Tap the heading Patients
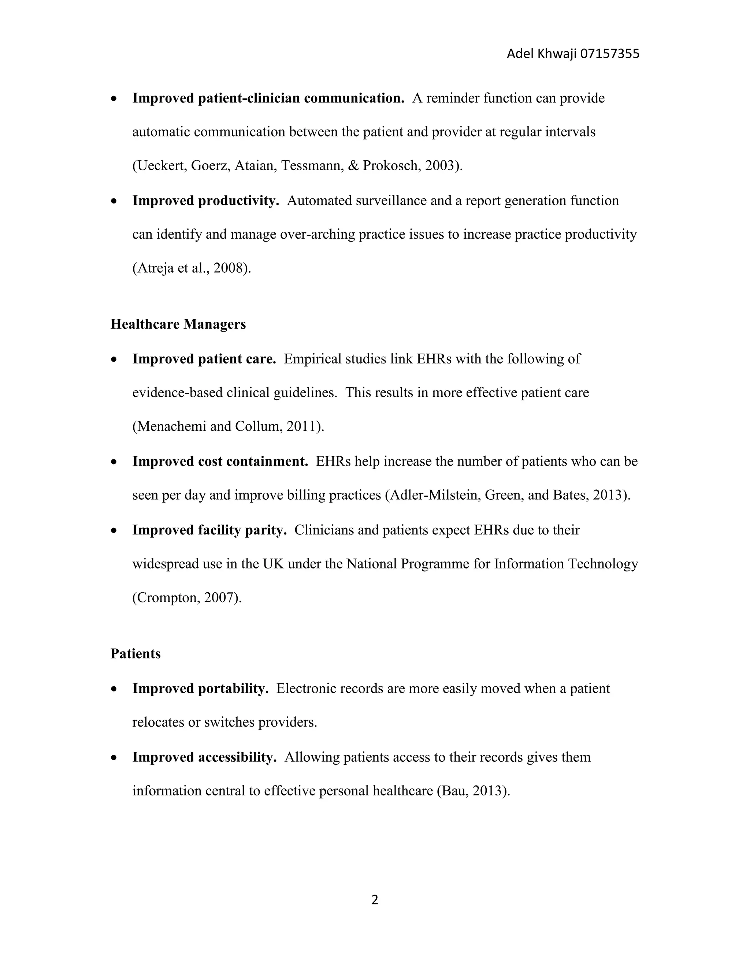[135, 654]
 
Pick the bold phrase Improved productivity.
[205, 201]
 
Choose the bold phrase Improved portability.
[200, 689]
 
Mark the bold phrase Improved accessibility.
[204, 757]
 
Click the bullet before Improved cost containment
[115, 462]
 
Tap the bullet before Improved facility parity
[115, 531]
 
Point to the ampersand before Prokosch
[353, 166]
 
